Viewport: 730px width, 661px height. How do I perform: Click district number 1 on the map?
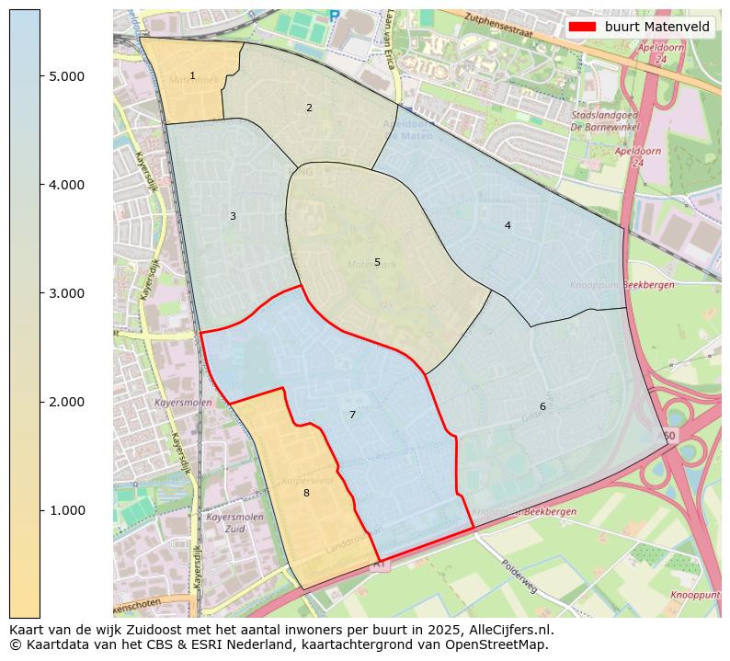click(192, 76)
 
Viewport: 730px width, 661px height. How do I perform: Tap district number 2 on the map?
click(309, 108)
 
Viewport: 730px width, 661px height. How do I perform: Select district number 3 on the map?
click(233, 217)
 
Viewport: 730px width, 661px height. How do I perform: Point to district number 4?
click(508, 226)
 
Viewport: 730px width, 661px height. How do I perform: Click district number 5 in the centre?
click(377, 263)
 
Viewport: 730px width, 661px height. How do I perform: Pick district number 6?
click(542, 407)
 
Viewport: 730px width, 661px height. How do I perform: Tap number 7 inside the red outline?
click(352, 416)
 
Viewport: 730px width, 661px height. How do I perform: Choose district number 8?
click(306, 494)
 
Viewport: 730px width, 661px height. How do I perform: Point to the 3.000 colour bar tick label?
click(66, 294)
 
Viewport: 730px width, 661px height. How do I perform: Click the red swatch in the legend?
click(583, 27)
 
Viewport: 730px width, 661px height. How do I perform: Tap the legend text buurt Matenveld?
click(656, 27)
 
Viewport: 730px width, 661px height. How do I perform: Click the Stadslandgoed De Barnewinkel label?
click(604, 121)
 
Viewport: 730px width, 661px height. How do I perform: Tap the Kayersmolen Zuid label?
click(235, 523)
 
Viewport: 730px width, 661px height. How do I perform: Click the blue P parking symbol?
click(334, 16)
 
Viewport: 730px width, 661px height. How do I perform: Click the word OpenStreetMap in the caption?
click(502, 644)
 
